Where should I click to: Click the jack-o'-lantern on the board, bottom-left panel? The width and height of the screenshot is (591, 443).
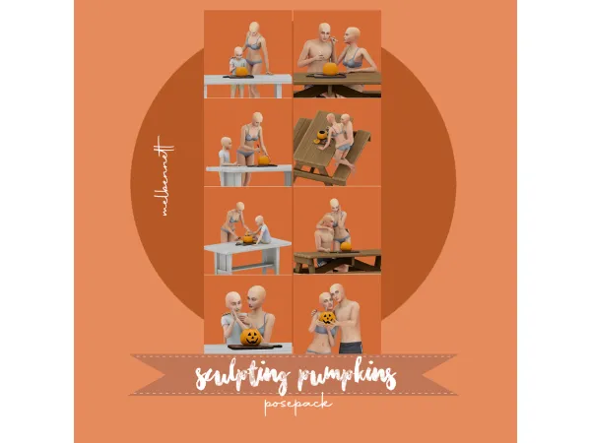[x=250, y=336]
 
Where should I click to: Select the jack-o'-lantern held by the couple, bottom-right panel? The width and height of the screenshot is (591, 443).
[x=322, y=320]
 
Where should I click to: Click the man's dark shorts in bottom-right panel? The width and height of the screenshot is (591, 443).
[x=348, y=346]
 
